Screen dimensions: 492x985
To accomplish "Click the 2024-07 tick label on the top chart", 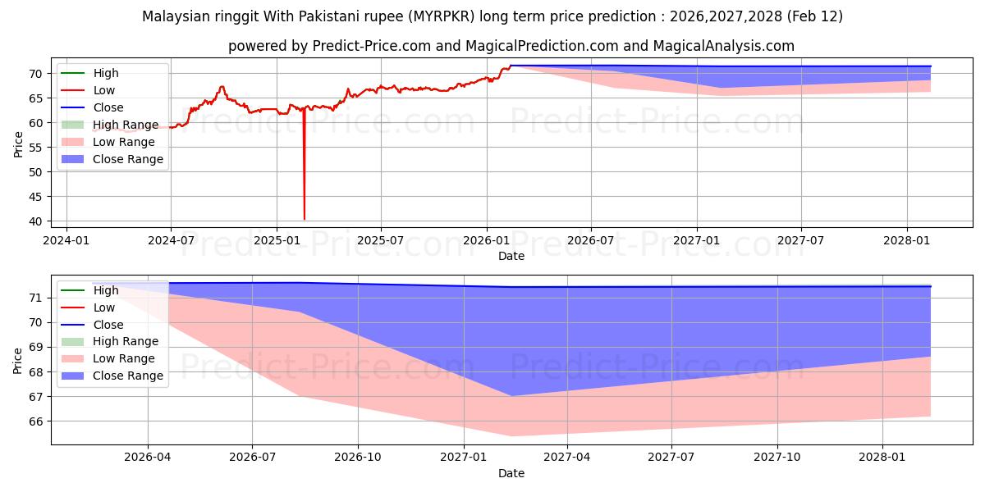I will pyautogui.click(x=171, y=240).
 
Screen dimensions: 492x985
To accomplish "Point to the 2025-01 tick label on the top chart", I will pyautogui.click(x=277, y=240).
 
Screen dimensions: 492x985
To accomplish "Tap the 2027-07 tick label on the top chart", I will pyautogui.click(x=801, y=240).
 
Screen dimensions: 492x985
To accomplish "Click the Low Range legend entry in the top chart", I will pyautogui.click(x=124, y=142).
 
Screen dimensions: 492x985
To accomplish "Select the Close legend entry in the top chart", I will pyautogui.click(x=108, y=107).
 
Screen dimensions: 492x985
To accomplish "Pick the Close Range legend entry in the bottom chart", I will pyautogui.click(x=127, y=376).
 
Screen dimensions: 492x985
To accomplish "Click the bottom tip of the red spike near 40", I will pyautogui.click(x=305, y=219).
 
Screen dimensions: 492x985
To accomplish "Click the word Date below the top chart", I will pyautogui.click(x=511, y=256).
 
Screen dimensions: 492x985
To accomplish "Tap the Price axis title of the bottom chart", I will pyautogui.click(x=19, y=360).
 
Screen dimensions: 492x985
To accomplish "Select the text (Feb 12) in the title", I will pyautogui.click(x=812, y=16).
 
